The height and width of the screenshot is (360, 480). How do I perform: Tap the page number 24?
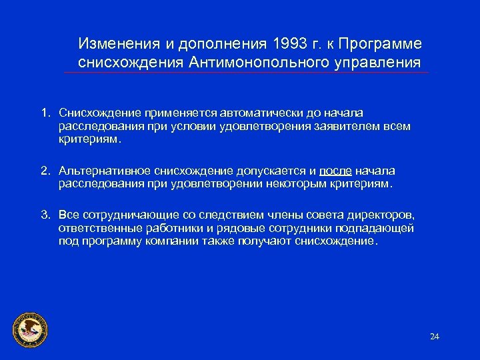pyautogui.click(x=435, y=336)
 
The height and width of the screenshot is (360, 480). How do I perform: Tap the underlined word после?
pyautogui.click(x=335, y=171)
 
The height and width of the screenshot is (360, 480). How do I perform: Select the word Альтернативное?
pyautogui.click(x=102, y=171)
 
